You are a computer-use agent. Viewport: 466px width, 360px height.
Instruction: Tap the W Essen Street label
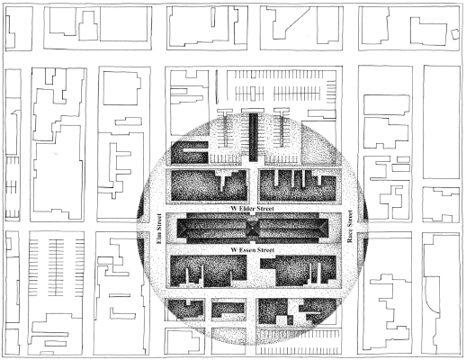click(x=251, y=247)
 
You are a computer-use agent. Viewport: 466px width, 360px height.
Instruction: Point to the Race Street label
click(x=350, y=228)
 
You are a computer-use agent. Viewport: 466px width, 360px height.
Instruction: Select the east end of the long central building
click(x=332, y=229)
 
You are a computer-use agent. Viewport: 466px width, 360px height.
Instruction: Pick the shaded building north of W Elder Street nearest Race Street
click(x=301, y=186)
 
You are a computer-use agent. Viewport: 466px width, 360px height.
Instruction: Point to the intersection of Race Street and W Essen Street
click(x=350, y=247)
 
